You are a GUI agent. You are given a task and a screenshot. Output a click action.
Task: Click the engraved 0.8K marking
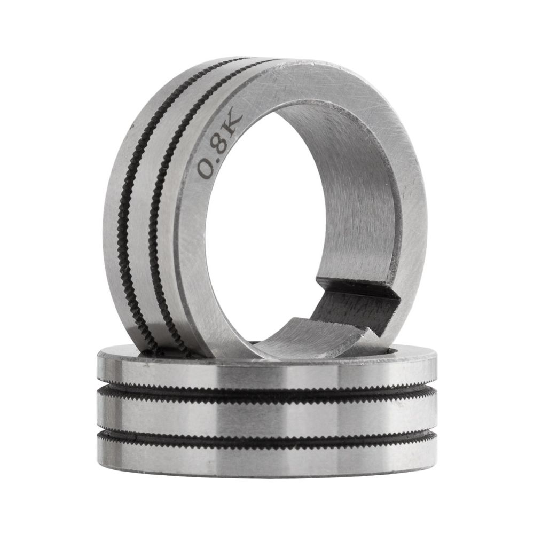[219, 146]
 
